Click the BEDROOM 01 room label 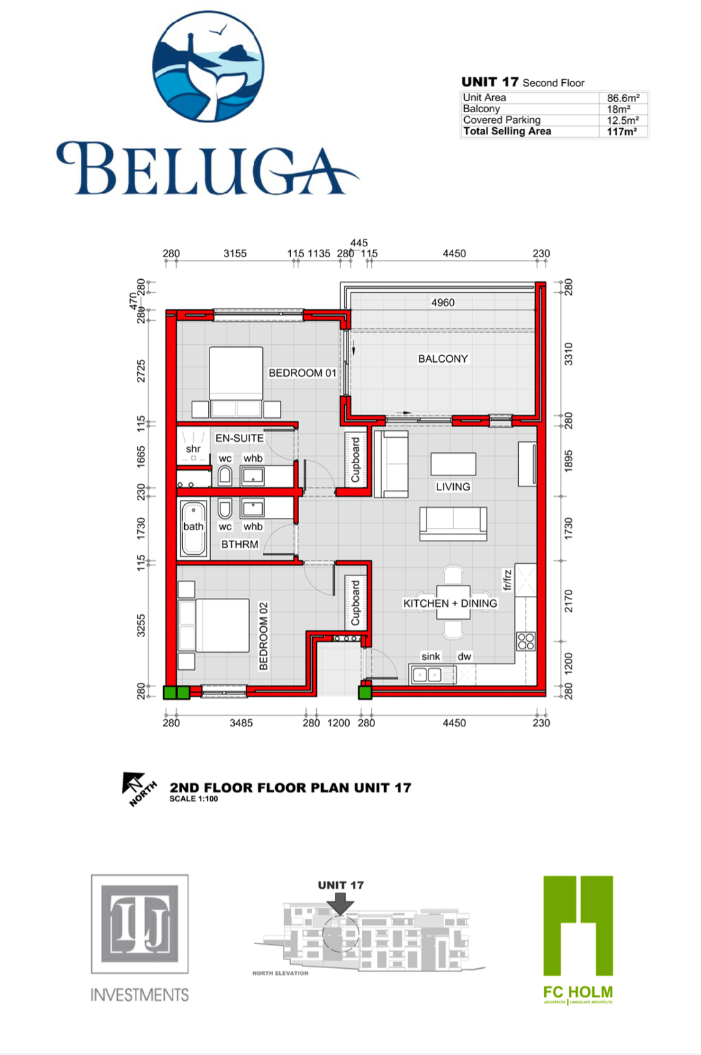[302, 373]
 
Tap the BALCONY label [443, 359]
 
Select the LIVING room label [453, 486]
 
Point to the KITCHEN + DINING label [450, 603]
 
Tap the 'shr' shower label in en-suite [193, 449]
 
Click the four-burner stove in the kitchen [526, 641]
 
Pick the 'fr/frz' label [507, 579]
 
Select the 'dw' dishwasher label [464, 656]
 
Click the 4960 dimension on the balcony [443, 302]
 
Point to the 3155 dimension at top [235, 253]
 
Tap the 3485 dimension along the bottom [241, 722]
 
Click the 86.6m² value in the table [623, 98]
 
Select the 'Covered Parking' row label [502, 120]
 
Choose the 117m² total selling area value [622, 131]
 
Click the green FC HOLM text [578, 991]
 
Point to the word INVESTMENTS [140, 995]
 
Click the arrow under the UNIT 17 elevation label [340, 904]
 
